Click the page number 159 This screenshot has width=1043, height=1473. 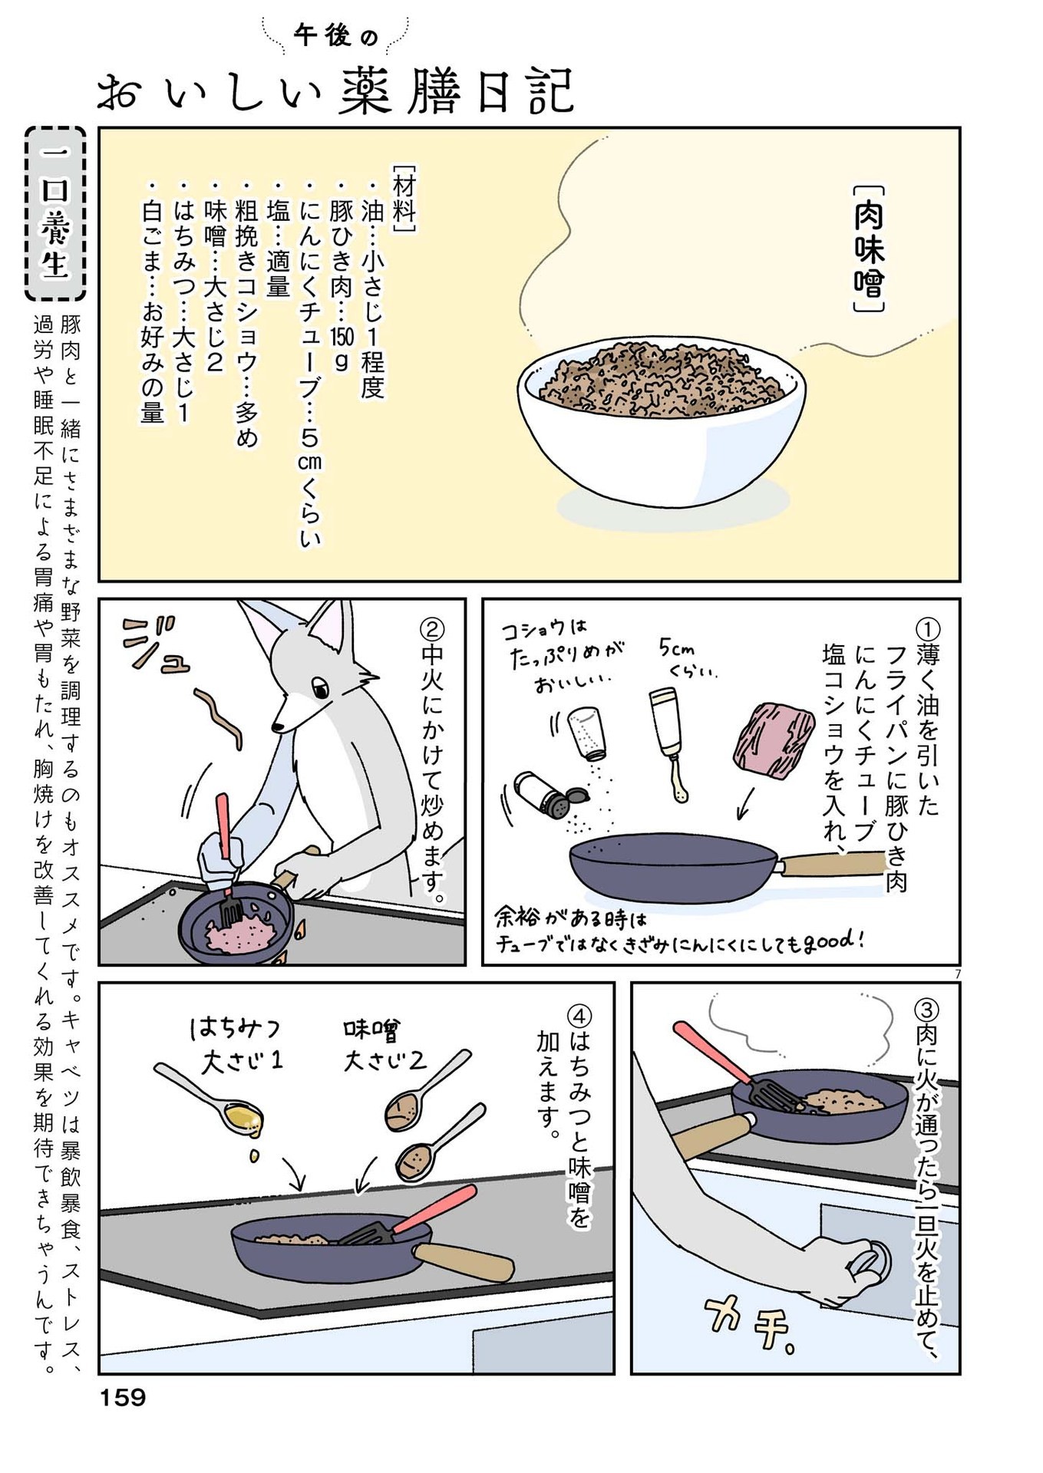(x=123, y=1398)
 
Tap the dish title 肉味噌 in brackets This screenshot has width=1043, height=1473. (x=869, y=249)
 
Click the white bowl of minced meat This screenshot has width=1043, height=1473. (x=661, y=426)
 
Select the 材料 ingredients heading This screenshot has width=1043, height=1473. (x=404, y=197)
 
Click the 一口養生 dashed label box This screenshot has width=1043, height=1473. (x=55, y=214)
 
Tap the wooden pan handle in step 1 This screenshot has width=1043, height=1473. (x=832, y=864)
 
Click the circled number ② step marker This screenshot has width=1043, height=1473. (x=432, y=630)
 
